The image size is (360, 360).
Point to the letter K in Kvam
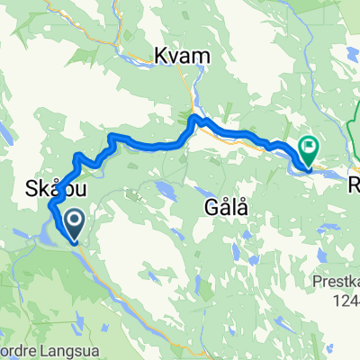163,56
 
